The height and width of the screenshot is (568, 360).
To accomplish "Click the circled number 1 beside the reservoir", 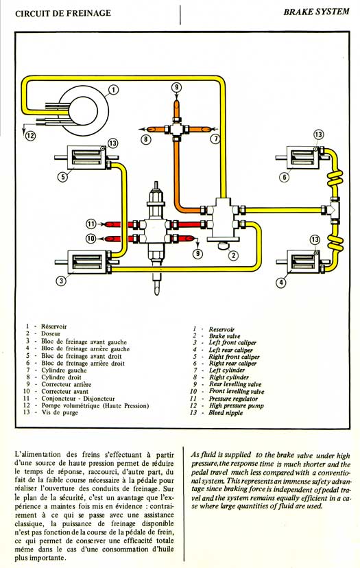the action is tap(114, 89).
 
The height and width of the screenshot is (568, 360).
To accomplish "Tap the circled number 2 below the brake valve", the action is tap(234, 256).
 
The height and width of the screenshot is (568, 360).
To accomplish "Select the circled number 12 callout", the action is tap(30, 136).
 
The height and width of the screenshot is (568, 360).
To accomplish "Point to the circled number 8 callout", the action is tap(145, 139).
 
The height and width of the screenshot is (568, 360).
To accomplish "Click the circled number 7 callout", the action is tap(215, 139).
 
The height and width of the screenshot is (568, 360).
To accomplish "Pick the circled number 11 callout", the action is tap(91, 224).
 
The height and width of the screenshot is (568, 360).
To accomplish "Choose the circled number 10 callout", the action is tap(91, 238).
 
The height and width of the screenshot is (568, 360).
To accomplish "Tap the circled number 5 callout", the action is tap(63, 177).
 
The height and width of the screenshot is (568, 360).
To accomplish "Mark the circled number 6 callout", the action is tap(285, 177).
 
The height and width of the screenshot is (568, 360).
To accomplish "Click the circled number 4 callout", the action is tap(281, 282).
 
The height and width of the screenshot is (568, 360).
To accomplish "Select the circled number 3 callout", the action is tap(62, 281).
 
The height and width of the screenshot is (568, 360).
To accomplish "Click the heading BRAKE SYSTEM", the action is tap(316, 12).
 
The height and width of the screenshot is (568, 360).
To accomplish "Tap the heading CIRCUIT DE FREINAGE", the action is tap(63, 14).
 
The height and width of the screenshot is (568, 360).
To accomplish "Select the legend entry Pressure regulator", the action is tap(233, 399).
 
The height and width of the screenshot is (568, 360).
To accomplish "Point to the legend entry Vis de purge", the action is tap(60, 412).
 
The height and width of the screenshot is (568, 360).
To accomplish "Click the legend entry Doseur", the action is tap(51, 333).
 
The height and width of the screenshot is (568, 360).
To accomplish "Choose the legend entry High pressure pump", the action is tap(236, 405).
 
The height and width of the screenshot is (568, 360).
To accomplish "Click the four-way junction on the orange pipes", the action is tap(176, 128).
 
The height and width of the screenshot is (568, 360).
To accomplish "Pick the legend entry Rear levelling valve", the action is tap(235, 384).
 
